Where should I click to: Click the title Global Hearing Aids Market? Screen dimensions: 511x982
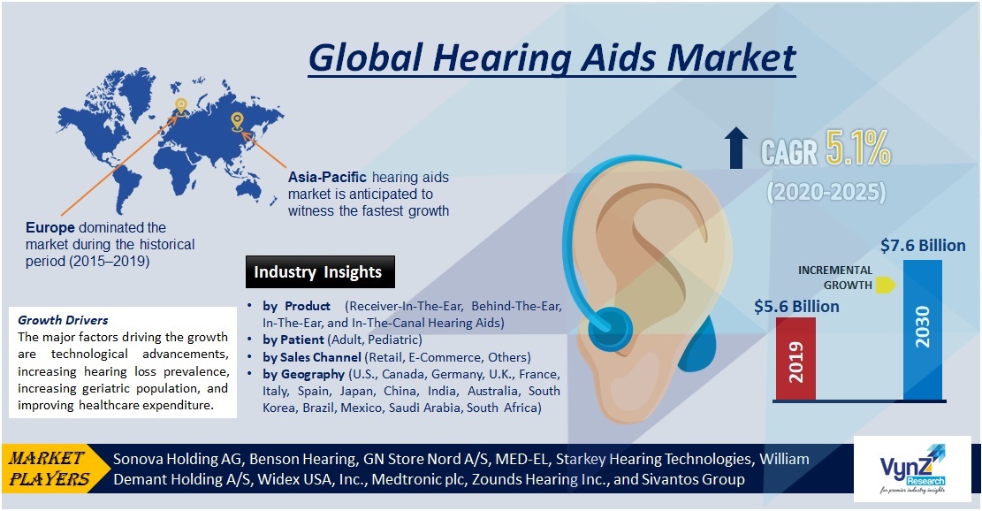[x=552, y=57]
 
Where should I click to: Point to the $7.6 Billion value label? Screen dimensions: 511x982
[x=923, y=245]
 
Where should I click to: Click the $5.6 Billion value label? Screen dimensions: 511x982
[x=796, y=306]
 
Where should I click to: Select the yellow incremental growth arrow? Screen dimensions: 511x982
[x=887, y=286]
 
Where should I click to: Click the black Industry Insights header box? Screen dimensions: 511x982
[x=318, y=272]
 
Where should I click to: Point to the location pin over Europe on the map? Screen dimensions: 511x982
[x=181, y=107]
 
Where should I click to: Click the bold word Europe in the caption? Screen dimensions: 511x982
[x=49, y=228]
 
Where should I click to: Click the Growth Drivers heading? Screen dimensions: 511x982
[x=63, y=320]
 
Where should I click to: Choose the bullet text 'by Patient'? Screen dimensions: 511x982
[x=293, y=340]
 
